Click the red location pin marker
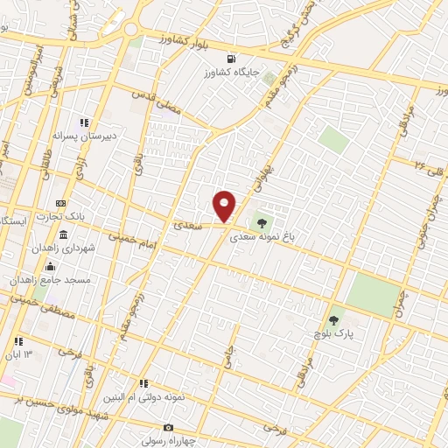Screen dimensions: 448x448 [x=225, y=206]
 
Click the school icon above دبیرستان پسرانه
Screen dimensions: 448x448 [x=84, y=123]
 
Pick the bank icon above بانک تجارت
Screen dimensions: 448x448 [x=60, y=203]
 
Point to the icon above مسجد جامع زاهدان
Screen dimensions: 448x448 [x=50, y=267]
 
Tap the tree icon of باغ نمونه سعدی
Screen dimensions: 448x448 [x=262, y=220]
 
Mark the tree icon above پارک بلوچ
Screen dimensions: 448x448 [x=332, y=320]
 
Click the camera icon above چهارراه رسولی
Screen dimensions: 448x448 [x=168, y=427]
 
